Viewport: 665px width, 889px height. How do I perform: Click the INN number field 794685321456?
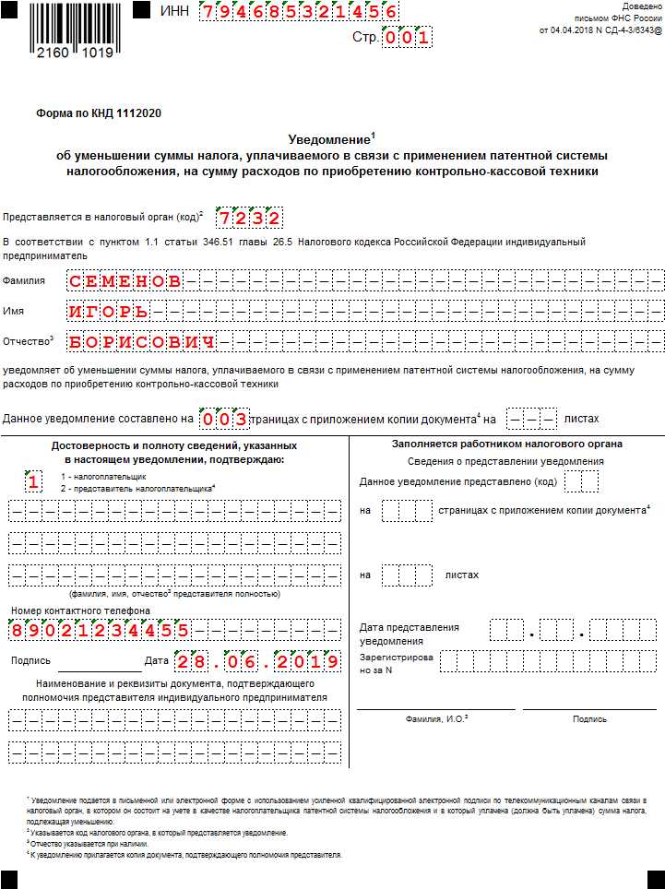300,12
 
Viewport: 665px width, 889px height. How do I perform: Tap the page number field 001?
406,39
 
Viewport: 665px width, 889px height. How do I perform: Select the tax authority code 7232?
248,219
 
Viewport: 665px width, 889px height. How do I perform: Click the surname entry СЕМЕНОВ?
125,280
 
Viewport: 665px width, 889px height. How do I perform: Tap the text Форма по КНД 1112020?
99,113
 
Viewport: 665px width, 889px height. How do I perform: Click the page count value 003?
225,420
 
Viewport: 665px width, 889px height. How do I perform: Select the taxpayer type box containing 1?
33,481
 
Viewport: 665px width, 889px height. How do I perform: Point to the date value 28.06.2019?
257,661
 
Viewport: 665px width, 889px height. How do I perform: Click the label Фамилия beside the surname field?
23,280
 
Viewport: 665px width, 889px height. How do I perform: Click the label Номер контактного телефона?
80,610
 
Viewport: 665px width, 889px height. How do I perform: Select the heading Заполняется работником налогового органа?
506,444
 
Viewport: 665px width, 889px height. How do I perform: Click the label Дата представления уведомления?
410,634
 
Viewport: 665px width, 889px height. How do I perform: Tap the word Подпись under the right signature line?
589,718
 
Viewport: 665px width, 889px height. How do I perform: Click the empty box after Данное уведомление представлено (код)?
581,481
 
